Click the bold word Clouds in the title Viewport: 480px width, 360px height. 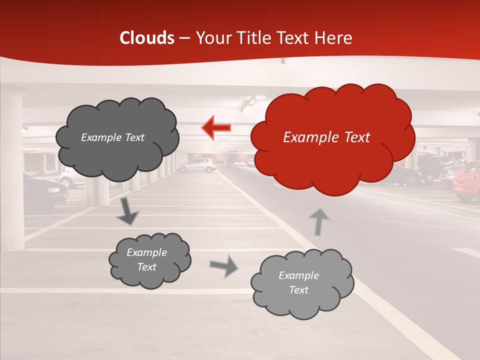(x=147, y=38)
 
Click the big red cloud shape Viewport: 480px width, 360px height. (x=332, y=137)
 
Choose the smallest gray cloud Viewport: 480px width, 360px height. (x=149, y=259)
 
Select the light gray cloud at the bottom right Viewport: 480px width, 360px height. (x=301, y=283)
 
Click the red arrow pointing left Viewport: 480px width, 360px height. (x=216, y=127)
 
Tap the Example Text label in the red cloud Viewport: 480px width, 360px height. (x=326, y=137)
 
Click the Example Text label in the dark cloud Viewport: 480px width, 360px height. (x=112, y=137)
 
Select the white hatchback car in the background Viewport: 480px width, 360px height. (x=196, y=165)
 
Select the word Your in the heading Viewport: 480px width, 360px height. (x=213, y=38)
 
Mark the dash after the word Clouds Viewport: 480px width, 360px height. (x=184, y=38)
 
